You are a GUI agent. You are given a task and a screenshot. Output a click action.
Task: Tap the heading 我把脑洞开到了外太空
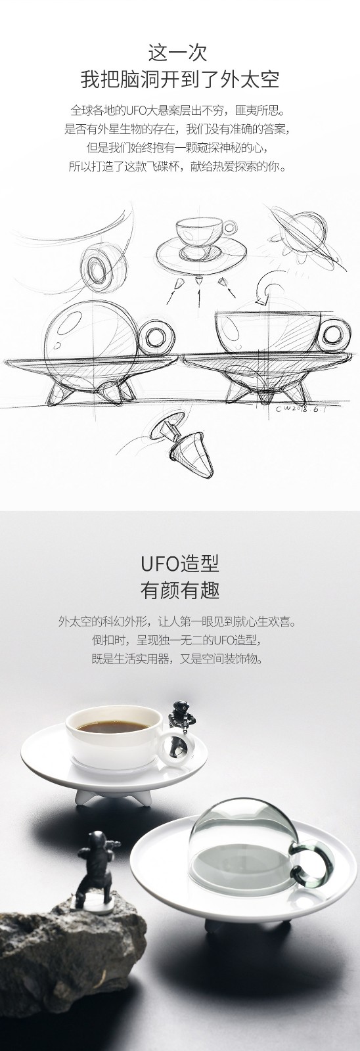pos(180,79)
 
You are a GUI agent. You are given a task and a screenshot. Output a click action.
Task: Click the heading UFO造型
pos(180,564)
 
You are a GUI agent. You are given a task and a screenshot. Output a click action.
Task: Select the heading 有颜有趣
pos(180,591)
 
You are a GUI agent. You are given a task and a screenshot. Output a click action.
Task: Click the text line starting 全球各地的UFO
pos(177,111)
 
